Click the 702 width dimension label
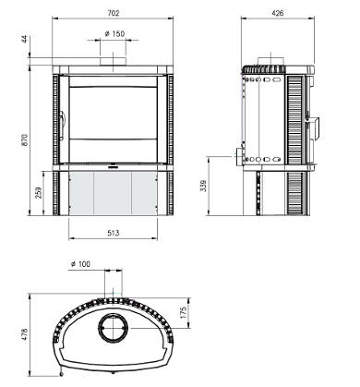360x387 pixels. [x=114, y=13]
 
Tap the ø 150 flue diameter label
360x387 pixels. [x=114, y=33]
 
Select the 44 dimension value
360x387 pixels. [x=25, y=39]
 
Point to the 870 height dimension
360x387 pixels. [x=25, y=139]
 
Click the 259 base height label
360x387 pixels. [x=39, y=193]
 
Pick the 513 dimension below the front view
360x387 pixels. [x=114, y=233]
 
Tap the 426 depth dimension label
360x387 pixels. [x=278, y=13]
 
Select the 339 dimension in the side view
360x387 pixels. [x=203, y=186]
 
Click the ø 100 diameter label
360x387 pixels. [x=80, y=264]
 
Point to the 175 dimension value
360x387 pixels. [x=183, y=312]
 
